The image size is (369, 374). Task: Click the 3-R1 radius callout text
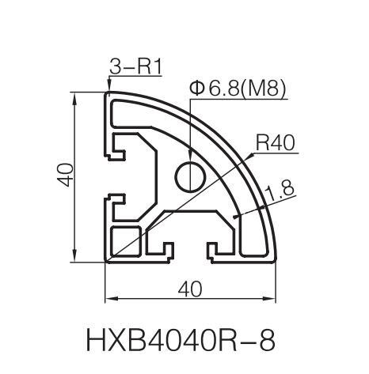(x=135, y=66)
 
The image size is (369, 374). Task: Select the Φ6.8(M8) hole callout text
(x=238, y=88)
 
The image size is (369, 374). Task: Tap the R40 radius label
(x=275, y=142)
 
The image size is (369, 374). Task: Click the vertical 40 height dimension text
(x=65, y=175)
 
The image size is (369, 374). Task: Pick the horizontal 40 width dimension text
(x=190, y=289)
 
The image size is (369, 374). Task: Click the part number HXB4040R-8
(x=181, y=340)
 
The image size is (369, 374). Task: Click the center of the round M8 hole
(x=190, y=176)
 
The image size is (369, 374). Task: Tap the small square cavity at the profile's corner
(x=125, y=241)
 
